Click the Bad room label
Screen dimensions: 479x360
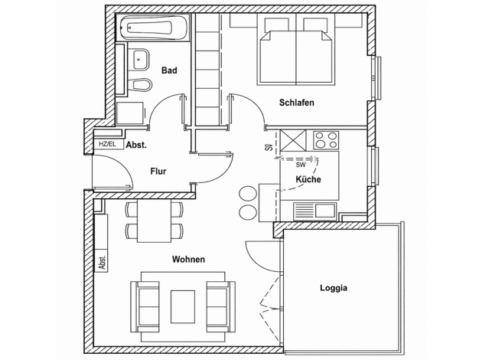point(169,70)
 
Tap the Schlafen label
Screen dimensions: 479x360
point(297,103)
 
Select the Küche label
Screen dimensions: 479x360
point(308,179)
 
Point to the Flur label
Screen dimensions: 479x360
point(158,172)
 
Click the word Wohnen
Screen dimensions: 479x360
point(188,260)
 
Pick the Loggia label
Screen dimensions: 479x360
point(334,288)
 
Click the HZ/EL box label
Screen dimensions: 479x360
point(107,144)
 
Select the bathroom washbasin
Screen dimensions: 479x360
point(142,59)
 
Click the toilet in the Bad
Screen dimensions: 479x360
point(141,84)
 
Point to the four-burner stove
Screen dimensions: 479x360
point(326,140)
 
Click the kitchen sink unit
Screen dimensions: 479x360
point(314,211)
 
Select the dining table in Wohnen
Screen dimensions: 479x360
point(155,221)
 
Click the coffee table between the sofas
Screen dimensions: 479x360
point(183,307)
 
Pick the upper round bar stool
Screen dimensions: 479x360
point(248,194)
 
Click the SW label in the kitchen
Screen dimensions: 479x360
point(300,165)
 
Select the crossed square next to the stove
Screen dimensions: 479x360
point(293,140)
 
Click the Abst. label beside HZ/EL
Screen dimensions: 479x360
point(136,145)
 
